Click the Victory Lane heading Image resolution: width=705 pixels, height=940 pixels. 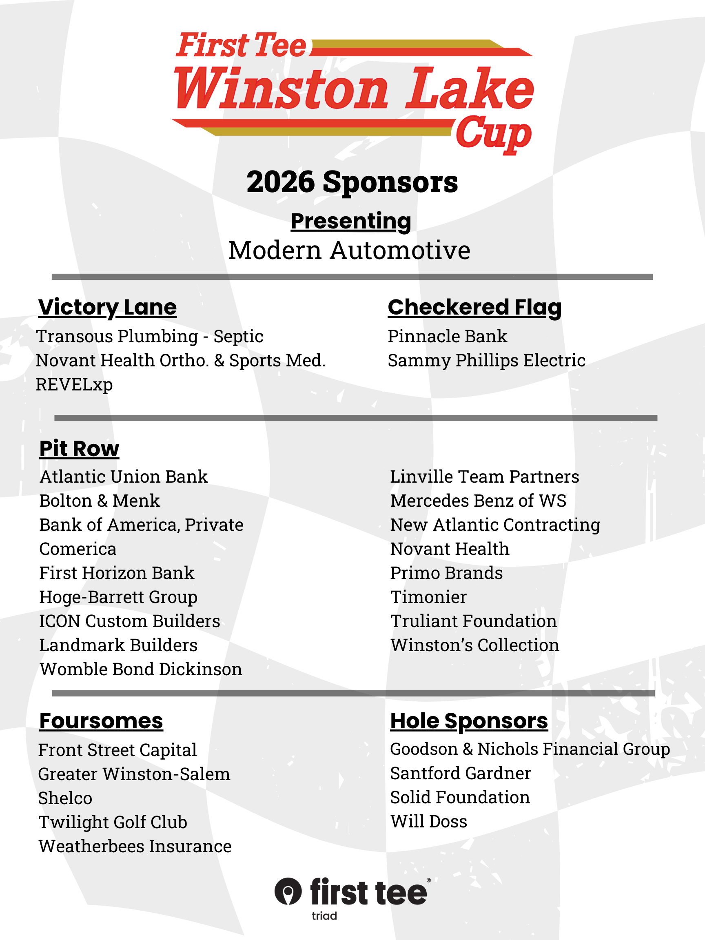pyautogui.click(x=107, y=307)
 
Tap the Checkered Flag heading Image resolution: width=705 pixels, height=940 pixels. pyautogui.click(x=474, y=307)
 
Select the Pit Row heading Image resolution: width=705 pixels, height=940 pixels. pyautogui.click(x=79, y=448)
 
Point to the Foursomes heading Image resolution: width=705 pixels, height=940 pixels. pyautogui.click(x=101, y=721)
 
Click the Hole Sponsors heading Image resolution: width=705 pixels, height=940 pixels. pyautogui.click(x=469, y=721)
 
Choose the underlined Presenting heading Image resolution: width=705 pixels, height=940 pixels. pyautogui.click(x=351, y=221)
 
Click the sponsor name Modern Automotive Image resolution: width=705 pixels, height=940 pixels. pyautogui.click(x=349, y=250)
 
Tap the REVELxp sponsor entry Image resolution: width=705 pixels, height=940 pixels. pyautogui.click(x=74, y=385)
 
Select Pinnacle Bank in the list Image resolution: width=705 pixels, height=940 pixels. pyautogui.click(x=447, y=336)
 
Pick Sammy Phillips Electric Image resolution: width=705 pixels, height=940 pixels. pyautogui.click(x=487, y=360)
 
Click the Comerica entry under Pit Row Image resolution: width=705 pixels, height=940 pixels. pyautogui.click(x=78, y=549)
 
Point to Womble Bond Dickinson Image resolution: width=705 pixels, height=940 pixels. pyautogui.click(x=141, y=670)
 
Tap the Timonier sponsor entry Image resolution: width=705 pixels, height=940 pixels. pyautogui.click(x=428, y=597)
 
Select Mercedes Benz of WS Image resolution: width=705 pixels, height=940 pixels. pyautogui.click(x=478, y=501)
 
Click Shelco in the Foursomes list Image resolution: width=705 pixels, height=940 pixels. pyautogui.click(x=65, y=798)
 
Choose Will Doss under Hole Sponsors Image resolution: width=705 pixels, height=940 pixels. pyautogui.click(x=429, y=821)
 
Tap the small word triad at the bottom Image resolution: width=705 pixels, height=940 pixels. pyautogui.click(x=324, y=916)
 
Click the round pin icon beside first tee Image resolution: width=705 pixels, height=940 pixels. pyautogui.click(x=288, y=891)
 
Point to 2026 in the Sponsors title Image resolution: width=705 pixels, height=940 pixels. pyautogui.click(x=280, y=182)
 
